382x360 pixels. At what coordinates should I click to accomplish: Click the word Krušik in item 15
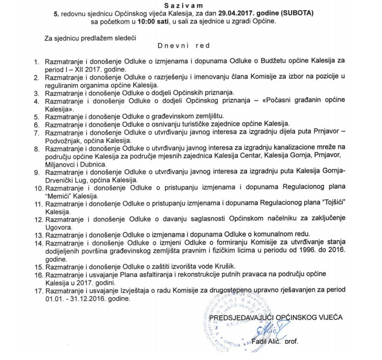pos(234,267)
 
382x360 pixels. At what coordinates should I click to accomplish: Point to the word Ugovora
pos(58,228)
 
